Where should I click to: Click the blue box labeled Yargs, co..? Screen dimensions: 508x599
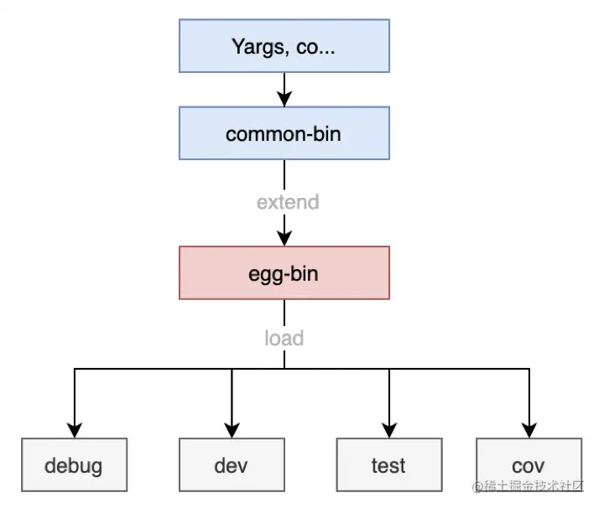click(x=284, y=46)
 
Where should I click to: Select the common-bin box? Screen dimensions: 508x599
click(x=284, y=132)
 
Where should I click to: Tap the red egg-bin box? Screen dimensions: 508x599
click(x=284, y=272)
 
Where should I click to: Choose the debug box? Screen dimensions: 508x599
click(x=75, y=464)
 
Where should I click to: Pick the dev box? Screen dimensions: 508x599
click(x=231, y=464)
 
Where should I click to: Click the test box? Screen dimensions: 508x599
click(x=388, y=464)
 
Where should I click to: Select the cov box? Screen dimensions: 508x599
click(x=529, y=464)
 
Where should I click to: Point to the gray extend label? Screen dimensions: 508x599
click(x=288, y=202)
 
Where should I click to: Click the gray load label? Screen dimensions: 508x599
click(x=284, y=338)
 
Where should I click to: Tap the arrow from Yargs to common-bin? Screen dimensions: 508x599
click(x=284, y=89)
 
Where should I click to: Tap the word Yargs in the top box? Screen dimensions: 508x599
click(x=257, y=46)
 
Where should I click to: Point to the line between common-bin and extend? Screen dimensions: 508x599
click(x=284, y=174)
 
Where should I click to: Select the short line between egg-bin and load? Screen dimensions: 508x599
click(x=284, y=312)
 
